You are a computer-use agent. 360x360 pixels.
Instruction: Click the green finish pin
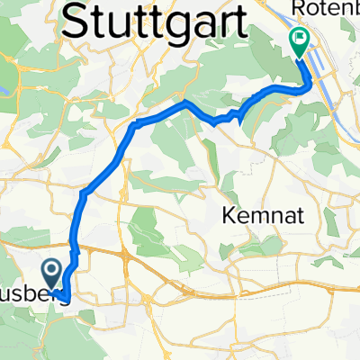pos(298,41)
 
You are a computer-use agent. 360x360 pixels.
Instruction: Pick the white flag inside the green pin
pos(298,38)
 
